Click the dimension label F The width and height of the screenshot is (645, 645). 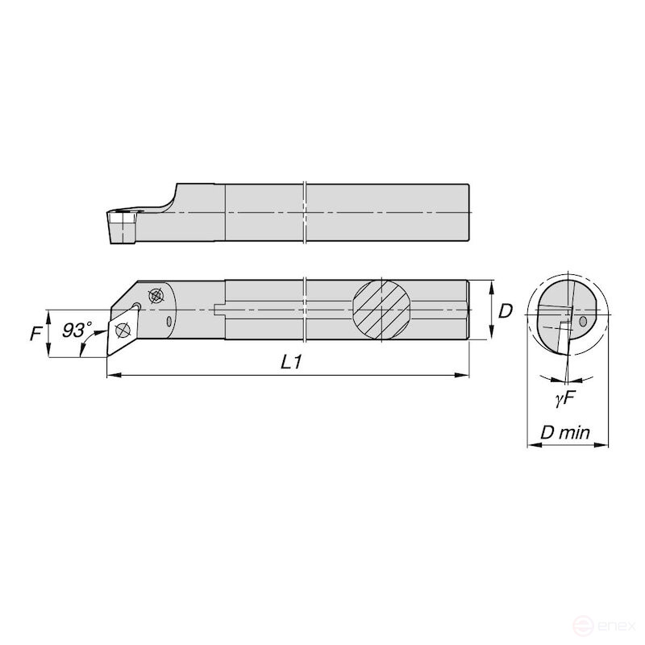pyautogui.click(x=35, y=332)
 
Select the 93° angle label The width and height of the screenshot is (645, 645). pyautogui.click(x=77, y=330)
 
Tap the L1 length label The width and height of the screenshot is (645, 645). pyautogui.click(x=291, y=363)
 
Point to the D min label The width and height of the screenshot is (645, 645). pyautogui.click(x=564, y=433)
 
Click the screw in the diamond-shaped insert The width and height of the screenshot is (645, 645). pyautogui.click(x=123, y=329)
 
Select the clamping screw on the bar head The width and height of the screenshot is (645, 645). pyautogui.click(x=156, y=295)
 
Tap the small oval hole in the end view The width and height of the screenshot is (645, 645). pyautogui.click(x=583, y=322)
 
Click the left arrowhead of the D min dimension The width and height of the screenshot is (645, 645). pyautogui.click(x=530, y=444)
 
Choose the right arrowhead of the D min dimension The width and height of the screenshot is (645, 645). pyautogui.click(x=605, y=444)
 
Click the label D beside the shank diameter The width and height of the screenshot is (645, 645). pyautogui.click(x=506, y=310)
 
